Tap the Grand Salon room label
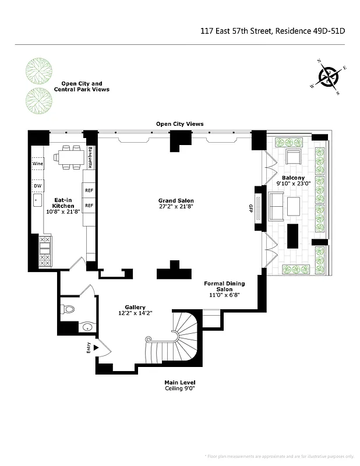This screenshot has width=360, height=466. click(175, 203)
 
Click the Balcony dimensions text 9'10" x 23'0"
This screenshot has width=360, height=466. click(294, 183)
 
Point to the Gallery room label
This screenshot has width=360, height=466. click(135, 310)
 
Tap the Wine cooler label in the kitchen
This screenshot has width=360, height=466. click(38, 164)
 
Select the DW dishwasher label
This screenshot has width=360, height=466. click(37, 186)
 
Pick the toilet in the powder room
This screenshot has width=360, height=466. click(68, 309)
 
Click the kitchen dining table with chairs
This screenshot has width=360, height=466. click(68, 157)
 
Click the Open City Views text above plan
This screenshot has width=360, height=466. click(179, 123)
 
